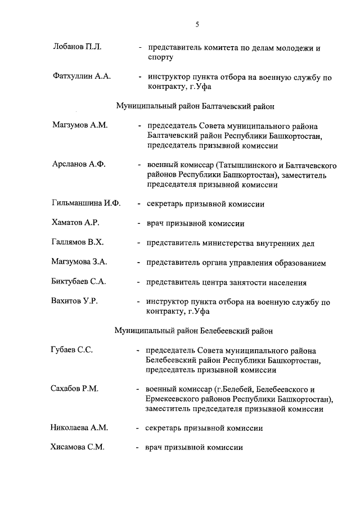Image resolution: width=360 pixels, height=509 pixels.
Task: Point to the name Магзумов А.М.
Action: tap(79, 125)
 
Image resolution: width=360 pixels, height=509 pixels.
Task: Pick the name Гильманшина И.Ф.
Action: tap(86, 204)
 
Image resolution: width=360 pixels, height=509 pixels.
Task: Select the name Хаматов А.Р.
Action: tap(75, 223)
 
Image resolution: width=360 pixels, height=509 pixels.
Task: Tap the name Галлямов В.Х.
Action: tap(77, 242)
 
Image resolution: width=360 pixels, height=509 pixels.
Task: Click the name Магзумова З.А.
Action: tap(79, 262)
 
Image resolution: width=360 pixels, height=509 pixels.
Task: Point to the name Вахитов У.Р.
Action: tap(74, 301)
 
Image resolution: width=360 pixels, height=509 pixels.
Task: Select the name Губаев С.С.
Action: tap(71, 350)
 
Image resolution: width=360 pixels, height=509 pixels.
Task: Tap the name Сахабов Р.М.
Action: tap(74, 389)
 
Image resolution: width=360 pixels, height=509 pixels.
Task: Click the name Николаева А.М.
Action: tap(79, 428)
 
